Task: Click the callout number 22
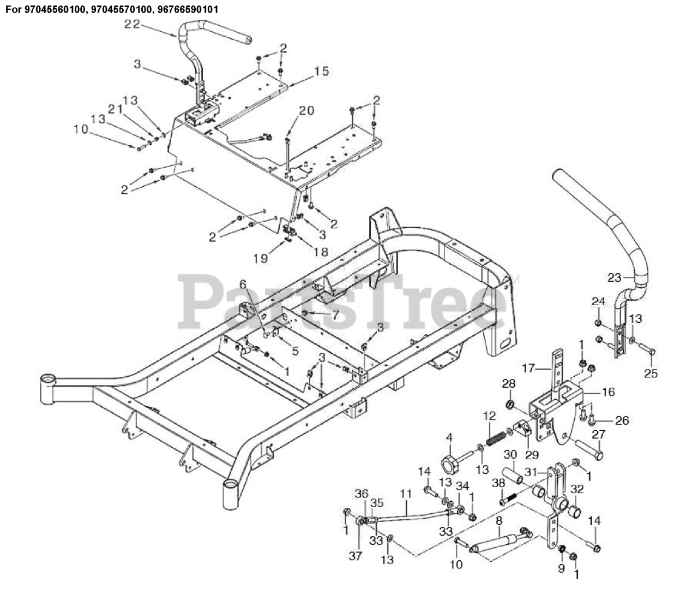(133, 23)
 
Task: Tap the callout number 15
(322, 70)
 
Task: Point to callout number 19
(261, 257)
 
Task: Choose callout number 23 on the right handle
(615, 277)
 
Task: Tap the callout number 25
(651, 373)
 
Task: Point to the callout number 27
(598, 435)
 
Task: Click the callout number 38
(497, 483)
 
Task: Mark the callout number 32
(577, 489)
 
